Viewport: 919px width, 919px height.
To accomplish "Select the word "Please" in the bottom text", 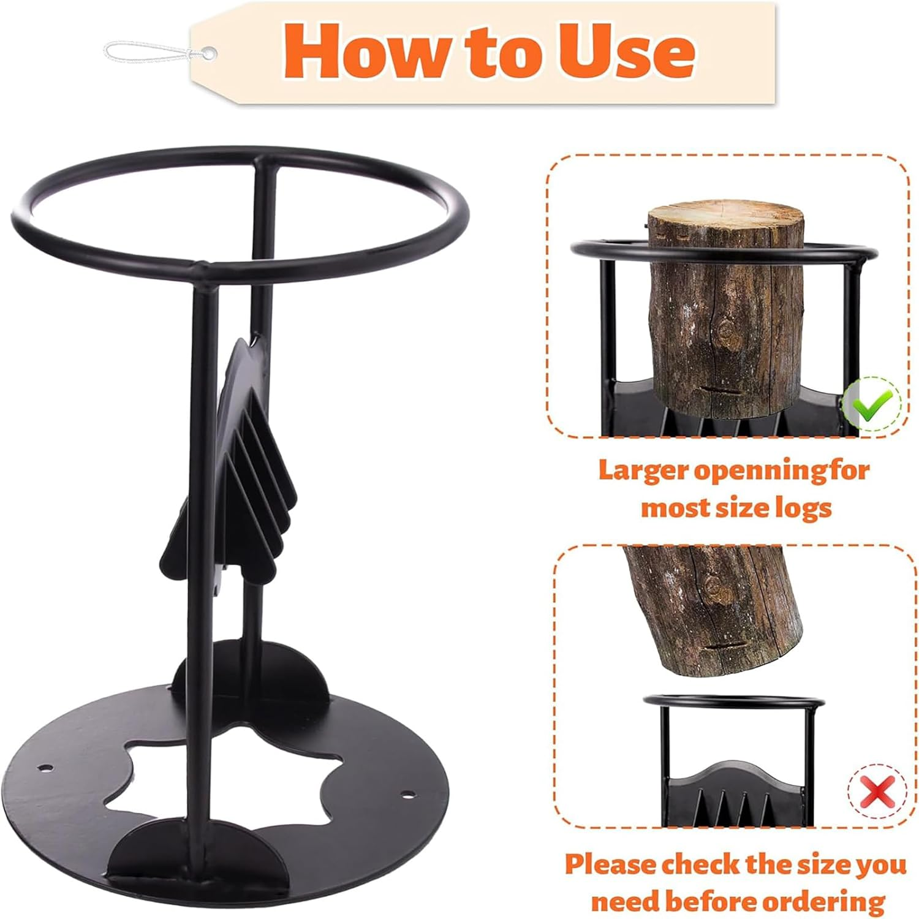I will click(610, 864).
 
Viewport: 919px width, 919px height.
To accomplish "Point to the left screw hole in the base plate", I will click(44, 767).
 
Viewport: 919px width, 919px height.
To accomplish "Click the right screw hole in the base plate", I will click(405, 796).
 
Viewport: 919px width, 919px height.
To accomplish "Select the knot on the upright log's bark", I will click(728, 334).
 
